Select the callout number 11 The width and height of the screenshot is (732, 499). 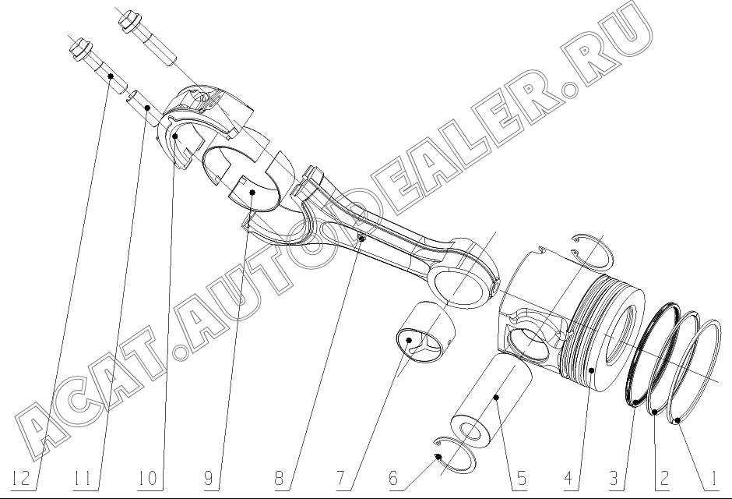(x=83, y=479)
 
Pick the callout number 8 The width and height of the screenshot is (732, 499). (x=279, y=479)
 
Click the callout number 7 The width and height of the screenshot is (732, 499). (x=341, y=479)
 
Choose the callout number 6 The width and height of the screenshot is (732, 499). (x=393, y=479)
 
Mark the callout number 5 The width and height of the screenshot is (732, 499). (x=520, y=479)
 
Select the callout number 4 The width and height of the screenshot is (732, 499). (x=568, y=479)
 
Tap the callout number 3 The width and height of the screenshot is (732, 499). (x=614, y=479)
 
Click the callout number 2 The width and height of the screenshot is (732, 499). (x=663, y=479)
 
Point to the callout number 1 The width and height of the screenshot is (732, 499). (x=712, y=479)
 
